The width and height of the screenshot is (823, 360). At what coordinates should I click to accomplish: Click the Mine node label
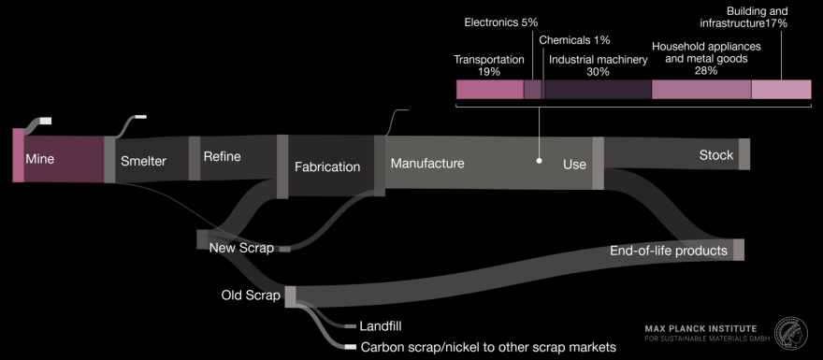[x=39, y=159]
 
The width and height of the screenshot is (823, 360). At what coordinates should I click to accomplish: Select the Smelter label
[x=143, y=161]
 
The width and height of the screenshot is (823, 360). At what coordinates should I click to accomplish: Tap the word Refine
[x=222, y=156]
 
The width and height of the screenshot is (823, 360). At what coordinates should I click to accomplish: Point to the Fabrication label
[x=327, y=167]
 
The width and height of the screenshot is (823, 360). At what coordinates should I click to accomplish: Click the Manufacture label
[x=427, y=164]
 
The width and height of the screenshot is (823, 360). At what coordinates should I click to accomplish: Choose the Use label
[x=574, y=165]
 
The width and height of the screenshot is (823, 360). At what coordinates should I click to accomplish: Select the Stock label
[x=716, y=155]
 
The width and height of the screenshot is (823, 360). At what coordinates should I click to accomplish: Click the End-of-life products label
[x=669, y=251]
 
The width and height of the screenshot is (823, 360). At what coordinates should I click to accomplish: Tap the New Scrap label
[x=241, y=248]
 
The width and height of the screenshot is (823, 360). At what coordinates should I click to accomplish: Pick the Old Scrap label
[x=251, y=296]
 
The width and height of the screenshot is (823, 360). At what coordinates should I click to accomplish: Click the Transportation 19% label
[x=489, y=65]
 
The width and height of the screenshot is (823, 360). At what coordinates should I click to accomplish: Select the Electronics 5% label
[x=500, y=22]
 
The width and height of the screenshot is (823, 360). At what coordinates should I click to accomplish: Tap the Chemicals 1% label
[x=574, y=39]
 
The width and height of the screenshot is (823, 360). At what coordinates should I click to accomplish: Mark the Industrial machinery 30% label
[x=599, y=65]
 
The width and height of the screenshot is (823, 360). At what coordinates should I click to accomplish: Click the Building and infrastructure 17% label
[x=744, y=18]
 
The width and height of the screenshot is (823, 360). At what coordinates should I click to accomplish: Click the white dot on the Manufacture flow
[x=540, y=160]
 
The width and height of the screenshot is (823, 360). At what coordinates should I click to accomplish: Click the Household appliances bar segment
[x=701, y=90]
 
